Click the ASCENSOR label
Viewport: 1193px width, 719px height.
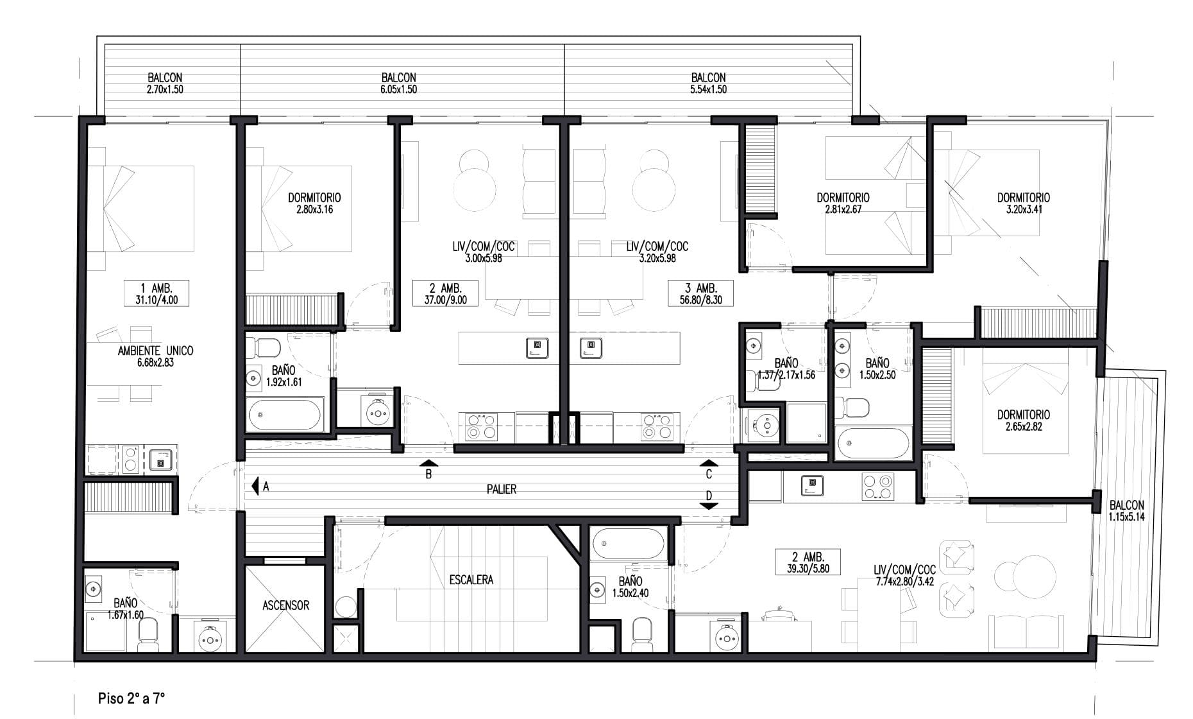(x=285, y=605)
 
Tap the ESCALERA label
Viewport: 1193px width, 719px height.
(x=471, y=580)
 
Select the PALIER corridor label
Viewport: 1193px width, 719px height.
(x=502, y=489)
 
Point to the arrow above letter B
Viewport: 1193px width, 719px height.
(x=429, y=462)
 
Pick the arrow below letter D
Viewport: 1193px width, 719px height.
(x=709, y=506)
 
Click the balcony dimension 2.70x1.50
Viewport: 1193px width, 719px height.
(x=165, y=90)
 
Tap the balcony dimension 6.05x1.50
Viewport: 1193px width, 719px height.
(x=398, y=90)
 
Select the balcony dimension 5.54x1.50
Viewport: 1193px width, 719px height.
(x=709, y=90)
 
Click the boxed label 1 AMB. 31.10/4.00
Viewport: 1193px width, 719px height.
(x=157, y=293)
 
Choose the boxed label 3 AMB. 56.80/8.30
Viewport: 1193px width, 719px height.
(x=700, y=293)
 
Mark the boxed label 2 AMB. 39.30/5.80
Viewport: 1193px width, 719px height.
(x=808, y=562)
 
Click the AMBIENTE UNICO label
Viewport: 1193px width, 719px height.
(x=155, y=351)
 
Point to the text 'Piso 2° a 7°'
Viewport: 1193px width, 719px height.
(x=131, y=698)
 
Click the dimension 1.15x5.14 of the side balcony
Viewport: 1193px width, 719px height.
(x=1126, y=516)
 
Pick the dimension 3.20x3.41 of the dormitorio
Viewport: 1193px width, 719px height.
(x=1023, y=209)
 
